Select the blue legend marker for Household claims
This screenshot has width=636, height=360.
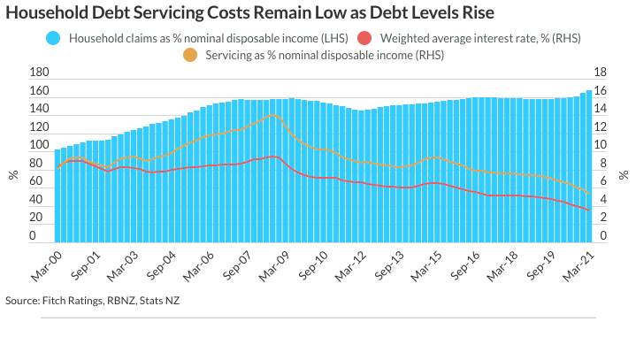click(53, 39)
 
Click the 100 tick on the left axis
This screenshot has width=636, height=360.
click(39, 146)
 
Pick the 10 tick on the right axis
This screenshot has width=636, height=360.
click(599, 146)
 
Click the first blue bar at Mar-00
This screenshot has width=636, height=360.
click(57, 195)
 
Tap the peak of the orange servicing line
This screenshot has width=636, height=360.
click(275, 115)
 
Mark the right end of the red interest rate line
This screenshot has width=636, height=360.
click(589, 210)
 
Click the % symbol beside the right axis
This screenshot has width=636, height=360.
click(624, 175)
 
